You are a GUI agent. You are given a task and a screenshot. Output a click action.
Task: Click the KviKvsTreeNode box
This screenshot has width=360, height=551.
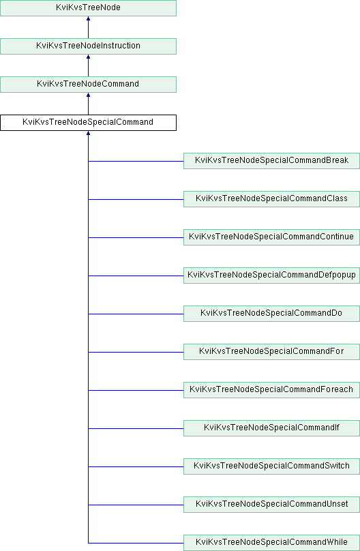pos(88,8)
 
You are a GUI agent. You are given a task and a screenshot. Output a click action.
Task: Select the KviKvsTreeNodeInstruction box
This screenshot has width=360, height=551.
pos(88,46)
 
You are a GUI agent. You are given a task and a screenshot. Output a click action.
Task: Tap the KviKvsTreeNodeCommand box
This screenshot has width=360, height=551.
pos(88,85)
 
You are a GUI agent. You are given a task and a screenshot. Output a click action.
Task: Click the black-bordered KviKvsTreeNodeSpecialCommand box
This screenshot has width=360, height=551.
pos(88,123)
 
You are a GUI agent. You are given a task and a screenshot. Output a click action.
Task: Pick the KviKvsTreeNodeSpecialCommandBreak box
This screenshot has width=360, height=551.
pos(271,161)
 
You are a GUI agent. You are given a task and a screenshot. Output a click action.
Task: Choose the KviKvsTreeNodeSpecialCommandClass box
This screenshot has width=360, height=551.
pos(271,199)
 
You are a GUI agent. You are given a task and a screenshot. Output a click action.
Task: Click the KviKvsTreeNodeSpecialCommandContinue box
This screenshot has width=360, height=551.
pos(271,237)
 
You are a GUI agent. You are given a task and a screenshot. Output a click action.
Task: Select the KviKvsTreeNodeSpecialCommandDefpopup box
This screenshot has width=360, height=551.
pos(271,275)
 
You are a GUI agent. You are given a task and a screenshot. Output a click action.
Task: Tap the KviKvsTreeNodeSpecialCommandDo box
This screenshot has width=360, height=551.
pos(271,314)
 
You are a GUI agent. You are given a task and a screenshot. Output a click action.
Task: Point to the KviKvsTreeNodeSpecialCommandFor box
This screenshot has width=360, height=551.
pos(271,352)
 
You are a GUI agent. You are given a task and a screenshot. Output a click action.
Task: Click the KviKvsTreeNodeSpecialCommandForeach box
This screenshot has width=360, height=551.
pos(271,390)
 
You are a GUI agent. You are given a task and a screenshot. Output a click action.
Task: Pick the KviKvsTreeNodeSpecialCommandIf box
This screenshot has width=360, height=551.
pos(271,428)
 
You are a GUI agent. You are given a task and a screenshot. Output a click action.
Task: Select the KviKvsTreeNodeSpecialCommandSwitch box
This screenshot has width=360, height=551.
pos(271,466)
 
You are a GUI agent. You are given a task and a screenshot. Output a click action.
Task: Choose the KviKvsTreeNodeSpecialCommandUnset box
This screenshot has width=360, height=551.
pos(271,505)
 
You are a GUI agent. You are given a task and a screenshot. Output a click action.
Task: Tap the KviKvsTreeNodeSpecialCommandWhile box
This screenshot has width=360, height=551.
pos(271,543)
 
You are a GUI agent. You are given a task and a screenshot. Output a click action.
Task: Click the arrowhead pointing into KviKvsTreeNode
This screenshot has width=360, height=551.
pos(88,18)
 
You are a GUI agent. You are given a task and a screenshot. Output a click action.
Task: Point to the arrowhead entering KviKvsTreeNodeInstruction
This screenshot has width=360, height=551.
pos(88,57)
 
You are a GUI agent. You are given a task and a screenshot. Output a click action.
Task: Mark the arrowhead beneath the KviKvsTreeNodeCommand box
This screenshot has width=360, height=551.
pos(88,95)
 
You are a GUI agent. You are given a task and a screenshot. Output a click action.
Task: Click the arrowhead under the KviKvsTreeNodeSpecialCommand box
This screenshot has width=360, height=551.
pos(88,133)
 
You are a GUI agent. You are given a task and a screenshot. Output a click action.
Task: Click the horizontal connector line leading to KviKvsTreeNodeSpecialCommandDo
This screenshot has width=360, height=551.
pos(136,314)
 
